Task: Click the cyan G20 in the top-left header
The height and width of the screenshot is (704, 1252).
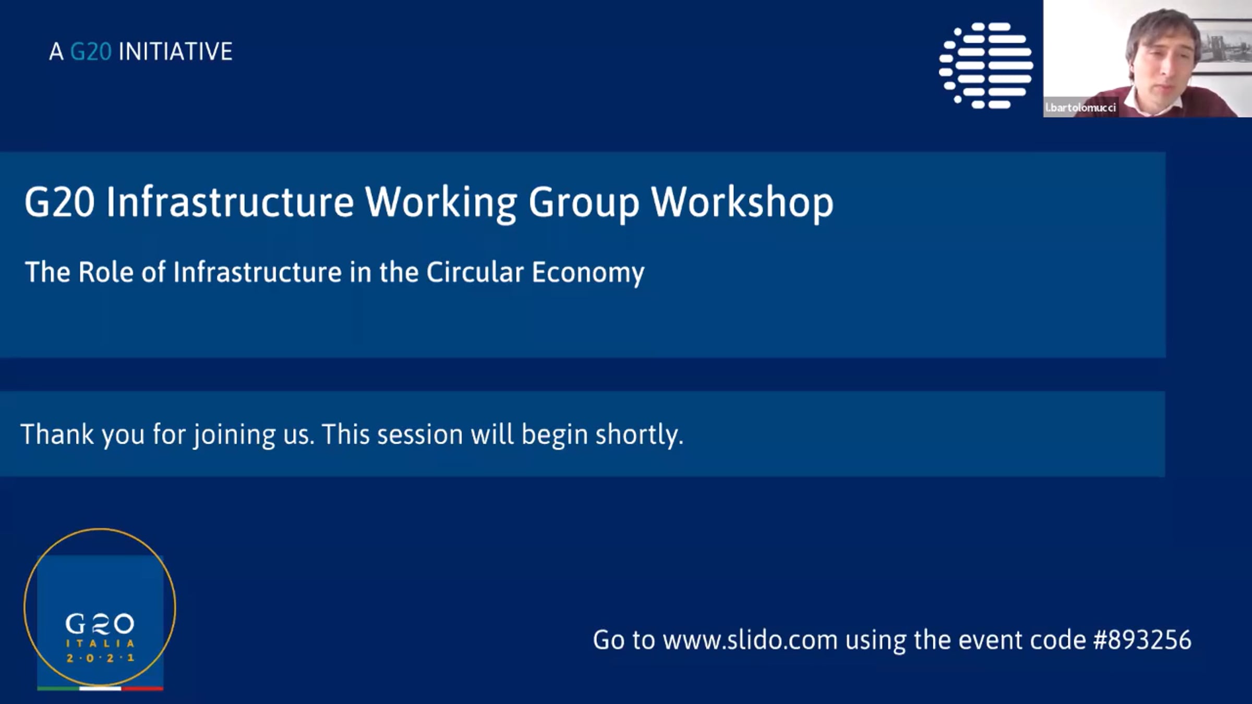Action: tap(91, 52)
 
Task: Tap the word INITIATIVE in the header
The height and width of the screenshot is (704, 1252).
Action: tap(176, 52)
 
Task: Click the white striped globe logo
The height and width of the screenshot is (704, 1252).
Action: tap(986, 66)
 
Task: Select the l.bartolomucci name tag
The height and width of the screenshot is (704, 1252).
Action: tap(1080, 107)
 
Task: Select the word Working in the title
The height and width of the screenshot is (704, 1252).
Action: tap(441, 203)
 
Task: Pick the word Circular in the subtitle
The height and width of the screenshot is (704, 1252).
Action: tap(475, 272)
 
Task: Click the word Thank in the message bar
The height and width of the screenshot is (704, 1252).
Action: tap(57, 434)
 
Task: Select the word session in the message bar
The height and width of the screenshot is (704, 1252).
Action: tap(420, 435)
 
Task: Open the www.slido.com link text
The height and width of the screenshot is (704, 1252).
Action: tap(750, 640)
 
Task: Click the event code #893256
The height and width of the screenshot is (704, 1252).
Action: tap(1142, 640)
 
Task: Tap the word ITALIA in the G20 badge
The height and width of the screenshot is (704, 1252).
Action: tap(100, 644)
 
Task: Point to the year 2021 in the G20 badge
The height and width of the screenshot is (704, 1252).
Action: tap(100, 658)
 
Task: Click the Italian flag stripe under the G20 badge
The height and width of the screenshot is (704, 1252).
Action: tap(100, 688)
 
